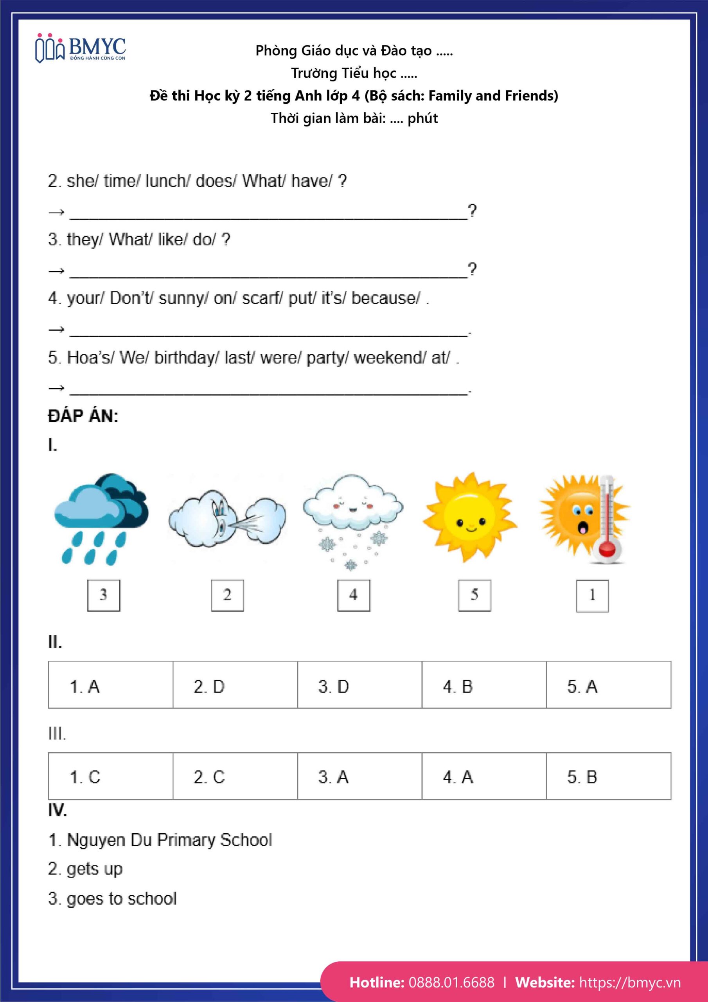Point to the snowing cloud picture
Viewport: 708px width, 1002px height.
pyautogui.click(x=353, y=519)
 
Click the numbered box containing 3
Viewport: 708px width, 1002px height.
pyautogui.click(x=104, y=595)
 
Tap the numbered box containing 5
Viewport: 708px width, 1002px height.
pyautogui.click(x=474, y=595)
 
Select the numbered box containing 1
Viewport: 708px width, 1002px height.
pyautogui.click(x=592, y=596)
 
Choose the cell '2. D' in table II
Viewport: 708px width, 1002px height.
pyautogui.click(x=235, y=687)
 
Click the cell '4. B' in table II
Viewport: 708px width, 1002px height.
pyautogui.click(x=484, y=687)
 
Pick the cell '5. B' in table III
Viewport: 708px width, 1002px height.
pyautogui.click(x=608, y=777)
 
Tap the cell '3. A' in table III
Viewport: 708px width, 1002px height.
pyautogui.click(x=359, y=777)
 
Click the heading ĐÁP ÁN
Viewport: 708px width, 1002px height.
pyautogui.click(x=83, y=416)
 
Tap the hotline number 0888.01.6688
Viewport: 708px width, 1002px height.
pyautogui.click(x=451, y=982)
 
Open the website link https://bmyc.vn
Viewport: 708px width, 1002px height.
pyautogui.click(x=629, y=982)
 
